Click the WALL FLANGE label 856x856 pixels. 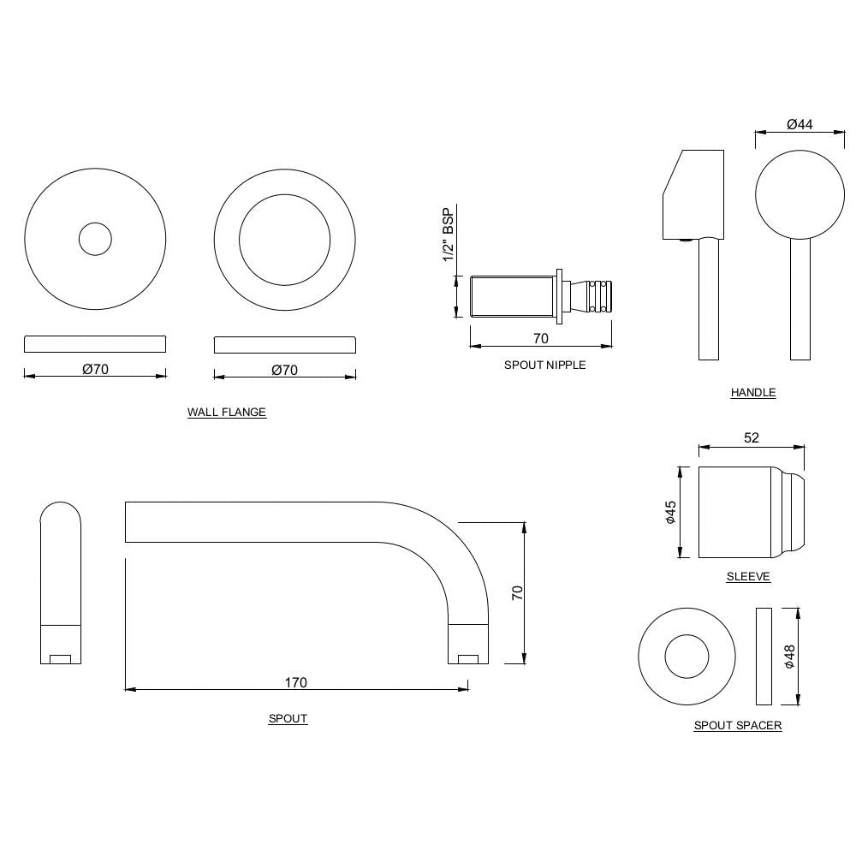(227, 413)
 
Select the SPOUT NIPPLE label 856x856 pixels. (544, 365)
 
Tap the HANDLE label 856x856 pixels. (753, 393)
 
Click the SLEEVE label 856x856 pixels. (748, 577)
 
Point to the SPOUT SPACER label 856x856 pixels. (737, 726)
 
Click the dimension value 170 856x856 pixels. (295, 682)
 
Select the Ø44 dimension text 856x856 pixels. (800, 125)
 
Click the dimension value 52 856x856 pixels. (751, 438)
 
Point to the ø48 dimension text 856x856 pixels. (789, 657)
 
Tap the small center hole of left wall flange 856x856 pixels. (95, 239)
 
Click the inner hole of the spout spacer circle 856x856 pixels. (687, 657)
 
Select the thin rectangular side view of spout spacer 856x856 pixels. (764, 657)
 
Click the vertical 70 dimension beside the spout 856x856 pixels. (517, 592)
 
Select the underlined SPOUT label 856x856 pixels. (288, 719)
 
